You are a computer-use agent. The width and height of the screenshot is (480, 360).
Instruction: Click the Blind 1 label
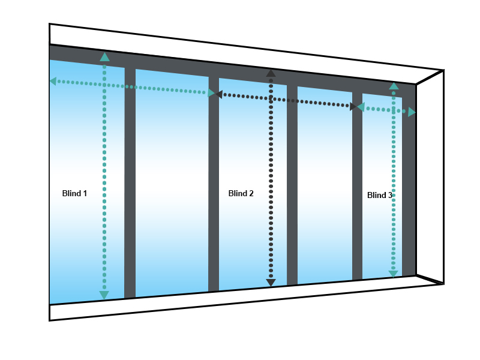(74, 193)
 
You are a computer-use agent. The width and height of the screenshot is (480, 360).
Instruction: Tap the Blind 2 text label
(241, 193)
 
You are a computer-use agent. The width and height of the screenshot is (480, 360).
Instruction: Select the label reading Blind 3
(379, 195)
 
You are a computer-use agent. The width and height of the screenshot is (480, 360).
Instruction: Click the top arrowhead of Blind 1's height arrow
(105, 57)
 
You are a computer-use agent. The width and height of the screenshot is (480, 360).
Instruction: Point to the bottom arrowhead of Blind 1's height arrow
(104, 295)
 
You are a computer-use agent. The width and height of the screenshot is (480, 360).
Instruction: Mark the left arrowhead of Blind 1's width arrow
(53, 81)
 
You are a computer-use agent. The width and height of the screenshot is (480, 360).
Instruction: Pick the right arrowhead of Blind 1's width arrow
(211, 93)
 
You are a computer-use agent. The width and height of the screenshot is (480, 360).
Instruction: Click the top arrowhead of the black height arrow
(271, 73)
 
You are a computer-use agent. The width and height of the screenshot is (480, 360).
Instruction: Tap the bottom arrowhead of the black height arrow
(271, 283)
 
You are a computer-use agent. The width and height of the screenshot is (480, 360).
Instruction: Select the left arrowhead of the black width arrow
(219, 94)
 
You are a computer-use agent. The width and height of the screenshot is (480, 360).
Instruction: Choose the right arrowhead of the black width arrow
(353, 107)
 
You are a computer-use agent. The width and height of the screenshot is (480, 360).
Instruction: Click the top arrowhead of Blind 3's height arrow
(394, 86)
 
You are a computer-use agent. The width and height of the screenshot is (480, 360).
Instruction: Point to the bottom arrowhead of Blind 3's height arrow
(393, 274)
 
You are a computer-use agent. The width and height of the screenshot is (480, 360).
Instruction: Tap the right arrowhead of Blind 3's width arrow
(412, 112)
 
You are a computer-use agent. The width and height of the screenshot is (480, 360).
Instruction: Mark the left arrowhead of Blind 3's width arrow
(361, 107)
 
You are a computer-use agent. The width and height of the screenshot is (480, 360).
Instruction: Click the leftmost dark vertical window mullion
(130, 180)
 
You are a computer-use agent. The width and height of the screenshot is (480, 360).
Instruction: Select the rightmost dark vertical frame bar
(409, 180)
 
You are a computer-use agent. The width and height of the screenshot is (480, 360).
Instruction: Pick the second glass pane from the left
(172, 180)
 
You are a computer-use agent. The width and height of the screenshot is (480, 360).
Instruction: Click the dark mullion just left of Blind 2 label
(214, 180)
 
